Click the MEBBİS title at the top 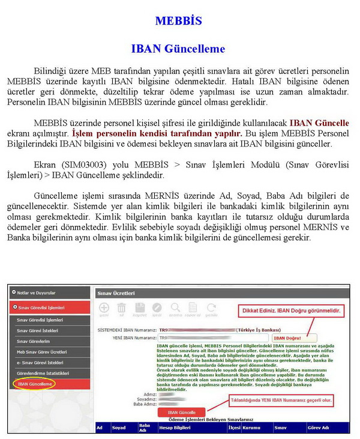pos(178,21)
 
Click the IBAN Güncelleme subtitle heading pos(178,49)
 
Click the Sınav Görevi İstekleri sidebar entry pos(38,330)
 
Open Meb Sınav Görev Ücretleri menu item pos(41,351)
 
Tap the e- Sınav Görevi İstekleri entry pos(40,362)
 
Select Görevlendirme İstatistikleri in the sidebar pos(43,373)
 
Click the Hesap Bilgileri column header pos(174,428)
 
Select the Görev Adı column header pos(318,428)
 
